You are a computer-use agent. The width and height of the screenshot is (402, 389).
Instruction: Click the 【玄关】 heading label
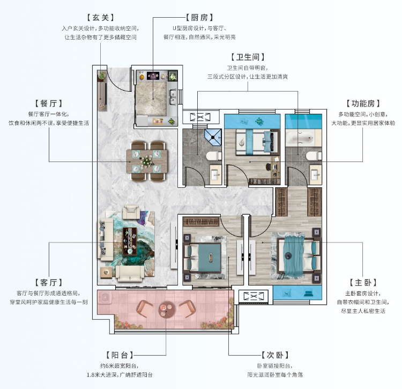[x=100, y=18]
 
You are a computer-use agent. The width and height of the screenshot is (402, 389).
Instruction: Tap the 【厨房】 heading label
[x=199, y=18]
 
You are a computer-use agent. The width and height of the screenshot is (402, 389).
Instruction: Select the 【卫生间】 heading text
[x=248, y=57]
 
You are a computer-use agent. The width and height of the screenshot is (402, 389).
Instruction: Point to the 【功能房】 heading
[x=363, y=104]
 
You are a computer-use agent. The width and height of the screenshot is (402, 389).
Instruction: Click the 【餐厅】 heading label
[x=49, y=104]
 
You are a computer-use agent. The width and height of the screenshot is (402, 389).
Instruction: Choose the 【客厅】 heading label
[x=49, y=283]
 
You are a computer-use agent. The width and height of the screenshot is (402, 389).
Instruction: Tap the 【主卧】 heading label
[x=363, y=283]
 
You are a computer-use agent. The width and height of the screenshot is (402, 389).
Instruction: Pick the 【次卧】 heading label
[x=275, y=355]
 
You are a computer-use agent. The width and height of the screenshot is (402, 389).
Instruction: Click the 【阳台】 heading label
[x=120, y=355]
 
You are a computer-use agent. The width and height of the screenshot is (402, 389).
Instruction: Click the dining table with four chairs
[x=147, y=161]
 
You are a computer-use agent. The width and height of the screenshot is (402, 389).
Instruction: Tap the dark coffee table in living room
[x=130, y=241]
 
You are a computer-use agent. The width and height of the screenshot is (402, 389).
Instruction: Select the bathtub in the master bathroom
[x=300, y=138]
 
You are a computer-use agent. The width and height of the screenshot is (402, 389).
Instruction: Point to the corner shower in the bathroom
[x=213, y=137]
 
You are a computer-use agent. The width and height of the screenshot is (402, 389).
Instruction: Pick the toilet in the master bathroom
[x=314, y=156]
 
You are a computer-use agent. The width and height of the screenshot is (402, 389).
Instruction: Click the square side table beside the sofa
[x=106, y=272]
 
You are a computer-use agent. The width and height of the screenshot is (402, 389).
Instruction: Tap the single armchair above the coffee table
[x=131, y=212]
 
